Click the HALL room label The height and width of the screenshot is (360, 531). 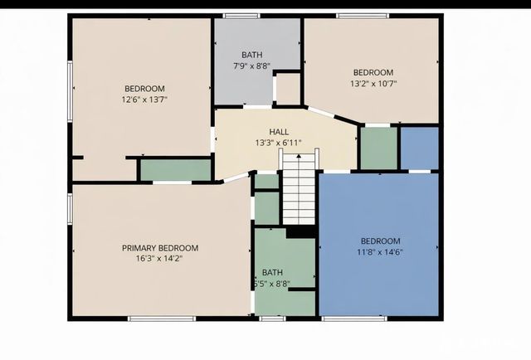click(x=279, y=132)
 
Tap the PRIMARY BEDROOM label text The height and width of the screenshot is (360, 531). click(x=160, y=248)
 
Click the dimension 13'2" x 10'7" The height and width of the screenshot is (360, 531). click(x=373, y=83)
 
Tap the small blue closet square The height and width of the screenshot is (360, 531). click(x=420, y=148)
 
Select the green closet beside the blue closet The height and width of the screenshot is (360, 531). click(x=378, y=148)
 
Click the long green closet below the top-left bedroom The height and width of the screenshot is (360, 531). click(x=175, y=169)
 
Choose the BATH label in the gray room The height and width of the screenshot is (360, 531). click(x=251, y=55)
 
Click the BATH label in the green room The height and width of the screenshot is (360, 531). click(x=272, y=272)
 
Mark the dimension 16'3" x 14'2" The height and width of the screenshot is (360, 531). click(x=160, y=259)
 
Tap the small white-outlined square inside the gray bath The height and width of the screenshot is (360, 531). click(x=287, y=89)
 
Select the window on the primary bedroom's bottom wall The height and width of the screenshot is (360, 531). click(x=161, y=318)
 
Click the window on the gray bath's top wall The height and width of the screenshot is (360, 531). click(x=241, y=16)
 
